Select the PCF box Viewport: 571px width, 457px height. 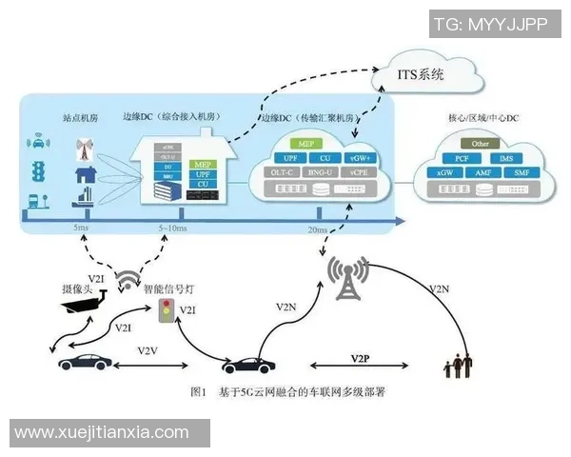(x=462, y=157)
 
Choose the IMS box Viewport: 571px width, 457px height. (x=504, y=157)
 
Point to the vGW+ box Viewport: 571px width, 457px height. (x=360, y=157)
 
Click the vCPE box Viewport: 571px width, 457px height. (x=359, y=172)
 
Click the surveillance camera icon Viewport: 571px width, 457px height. (x=80, y=303)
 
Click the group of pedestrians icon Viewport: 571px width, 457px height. (x=459, y=365)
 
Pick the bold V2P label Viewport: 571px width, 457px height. (x=359, y=358)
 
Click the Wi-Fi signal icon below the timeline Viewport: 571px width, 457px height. (x=128, y=279)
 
